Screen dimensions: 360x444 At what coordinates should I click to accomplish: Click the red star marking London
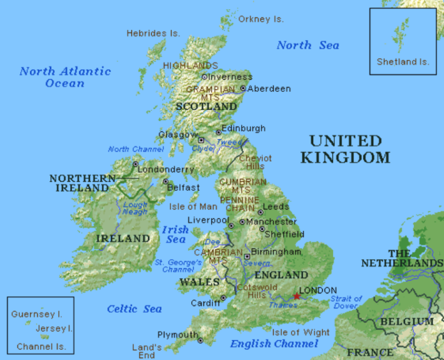296,296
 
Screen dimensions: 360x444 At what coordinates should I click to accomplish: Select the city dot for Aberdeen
243,89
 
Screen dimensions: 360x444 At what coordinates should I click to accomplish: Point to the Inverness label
230,77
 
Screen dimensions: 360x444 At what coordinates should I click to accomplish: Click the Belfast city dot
166,181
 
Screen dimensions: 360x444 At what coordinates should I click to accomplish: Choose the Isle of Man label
193,206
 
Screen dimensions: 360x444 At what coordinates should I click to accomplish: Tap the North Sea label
307,45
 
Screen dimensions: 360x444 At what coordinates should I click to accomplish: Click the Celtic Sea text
135,309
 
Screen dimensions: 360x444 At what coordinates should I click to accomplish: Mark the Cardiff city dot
223,297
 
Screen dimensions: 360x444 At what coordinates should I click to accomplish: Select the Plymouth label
178,335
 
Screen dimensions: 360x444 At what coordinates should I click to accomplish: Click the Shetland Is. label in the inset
403,62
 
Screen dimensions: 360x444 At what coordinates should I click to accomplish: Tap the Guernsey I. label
36,314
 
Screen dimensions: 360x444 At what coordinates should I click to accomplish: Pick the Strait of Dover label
346,302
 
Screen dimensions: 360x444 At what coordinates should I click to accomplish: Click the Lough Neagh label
135,209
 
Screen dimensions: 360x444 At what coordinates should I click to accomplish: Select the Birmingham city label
277,251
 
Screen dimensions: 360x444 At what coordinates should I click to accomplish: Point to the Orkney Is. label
261,19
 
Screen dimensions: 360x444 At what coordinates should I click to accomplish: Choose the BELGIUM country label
407,321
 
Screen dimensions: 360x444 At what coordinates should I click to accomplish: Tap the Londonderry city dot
135,163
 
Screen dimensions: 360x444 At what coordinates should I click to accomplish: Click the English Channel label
274,344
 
